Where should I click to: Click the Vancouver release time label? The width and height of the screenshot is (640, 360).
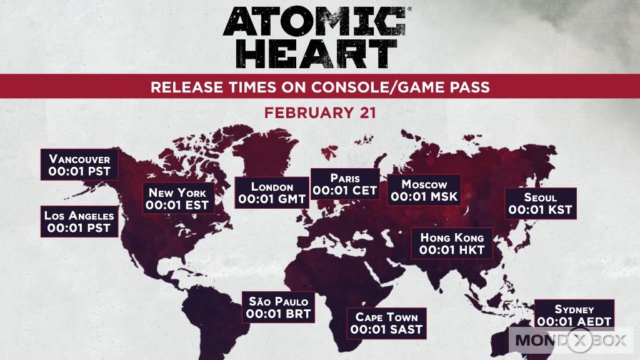point(79,164)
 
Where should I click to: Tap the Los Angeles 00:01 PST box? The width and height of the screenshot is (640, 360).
point(79,221)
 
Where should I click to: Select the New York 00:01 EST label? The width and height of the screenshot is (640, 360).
point(178,198)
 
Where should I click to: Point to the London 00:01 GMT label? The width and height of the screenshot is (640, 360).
point(272,192)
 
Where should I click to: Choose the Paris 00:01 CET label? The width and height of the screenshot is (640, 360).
point(345,184)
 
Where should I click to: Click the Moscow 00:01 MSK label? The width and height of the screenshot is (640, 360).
point(424,190)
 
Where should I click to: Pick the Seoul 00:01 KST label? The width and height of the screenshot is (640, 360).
point(541,203)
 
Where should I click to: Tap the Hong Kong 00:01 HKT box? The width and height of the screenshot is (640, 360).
point(452,243)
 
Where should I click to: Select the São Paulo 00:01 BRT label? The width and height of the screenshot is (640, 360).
point(278,307)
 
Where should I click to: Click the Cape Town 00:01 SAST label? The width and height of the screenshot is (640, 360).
point(386,323)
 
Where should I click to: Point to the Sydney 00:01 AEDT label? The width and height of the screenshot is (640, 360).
point(574,314)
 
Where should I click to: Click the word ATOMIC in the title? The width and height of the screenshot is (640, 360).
point(314,21)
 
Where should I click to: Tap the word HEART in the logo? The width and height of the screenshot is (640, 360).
point(316,54)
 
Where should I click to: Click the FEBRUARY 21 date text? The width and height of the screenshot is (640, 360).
point(320,112)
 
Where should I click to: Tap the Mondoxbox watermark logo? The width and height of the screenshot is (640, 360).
point(571,340)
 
